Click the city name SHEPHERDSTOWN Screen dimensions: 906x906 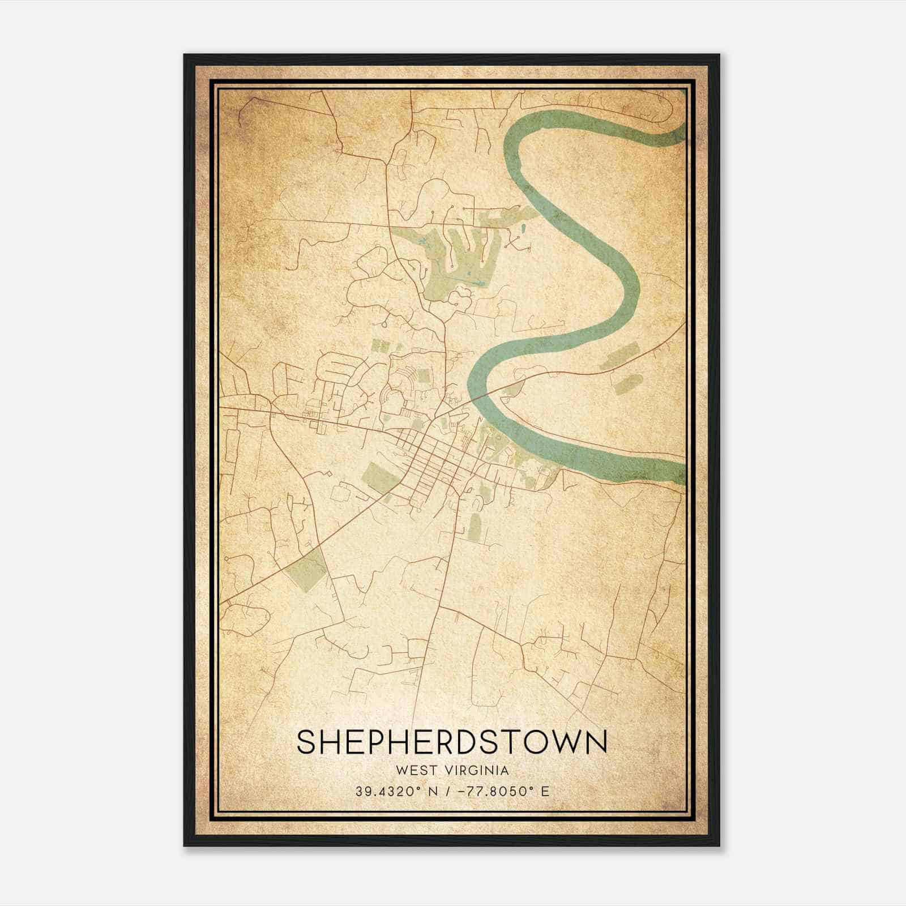point(451,742)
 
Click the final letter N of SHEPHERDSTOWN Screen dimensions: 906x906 point(596,742)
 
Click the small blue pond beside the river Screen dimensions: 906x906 point(522,230)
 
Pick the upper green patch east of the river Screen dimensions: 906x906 point(622,355)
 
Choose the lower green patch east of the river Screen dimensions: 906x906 point(629,384)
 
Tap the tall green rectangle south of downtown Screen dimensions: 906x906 point(474,527)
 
